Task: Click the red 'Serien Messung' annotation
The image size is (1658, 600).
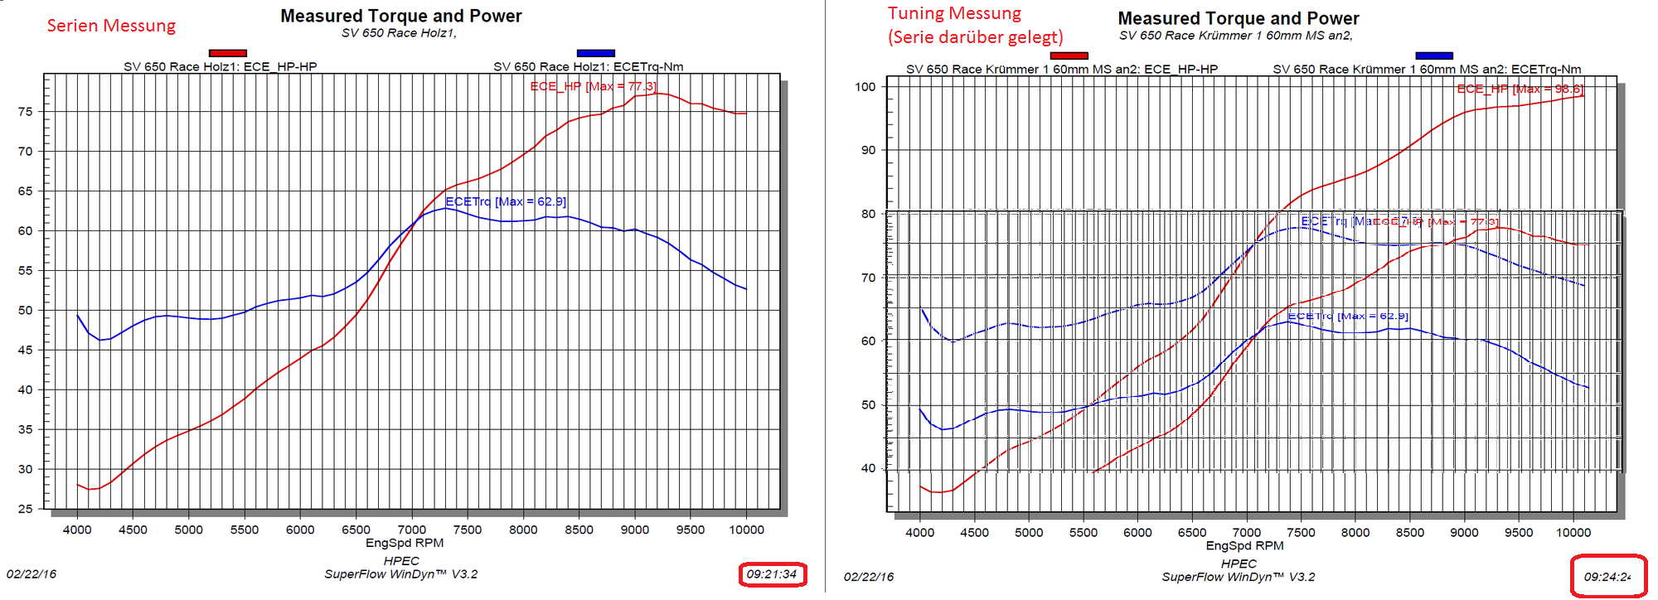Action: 111,26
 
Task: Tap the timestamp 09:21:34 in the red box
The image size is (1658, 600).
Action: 772,573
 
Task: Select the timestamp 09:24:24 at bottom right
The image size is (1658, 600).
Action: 1607,577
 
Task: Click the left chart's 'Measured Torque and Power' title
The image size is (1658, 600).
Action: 401,16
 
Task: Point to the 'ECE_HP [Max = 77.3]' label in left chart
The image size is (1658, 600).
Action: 593,86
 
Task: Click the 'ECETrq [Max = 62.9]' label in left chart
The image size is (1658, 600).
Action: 506,201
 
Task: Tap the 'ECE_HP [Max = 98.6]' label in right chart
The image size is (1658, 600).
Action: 1520,89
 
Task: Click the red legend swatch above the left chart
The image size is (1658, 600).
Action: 228,53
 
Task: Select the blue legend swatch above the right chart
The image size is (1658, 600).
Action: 1434,56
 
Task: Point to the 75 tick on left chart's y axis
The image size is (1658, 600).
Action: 26,112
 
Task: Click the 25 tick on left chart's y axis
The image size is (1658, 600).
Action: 26,509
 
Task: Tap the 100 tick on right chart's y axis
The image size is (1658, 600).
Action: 865,86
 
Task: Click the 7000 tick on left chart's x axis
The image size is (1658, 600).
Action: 412,530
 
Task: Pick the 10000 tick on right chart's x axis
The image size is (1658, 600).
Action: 1573,532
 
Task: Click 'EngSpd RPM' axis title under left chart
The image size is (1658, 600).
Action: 405,543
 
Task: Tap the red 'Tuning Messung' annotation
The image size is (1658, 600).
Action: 954,13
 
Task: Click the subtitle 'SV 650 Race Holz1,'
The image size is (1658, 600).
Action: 399,33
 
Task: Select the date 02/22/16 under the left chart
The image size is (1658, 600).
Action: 32,573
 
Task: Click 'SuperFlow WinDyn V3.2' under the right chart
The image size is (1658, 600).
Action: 1238,577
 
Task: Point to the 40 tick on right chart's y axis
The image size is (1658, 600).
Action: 868,468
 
